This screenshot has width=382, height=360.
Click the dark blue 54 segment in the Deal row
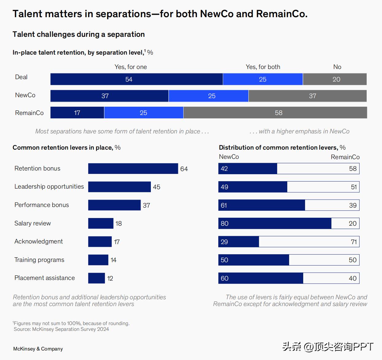coord(136,79)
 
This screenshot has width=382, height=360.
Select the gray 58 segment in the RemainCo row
coord(275,113)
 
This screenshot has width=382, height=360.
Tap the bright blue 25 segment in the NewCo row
coord(208,96)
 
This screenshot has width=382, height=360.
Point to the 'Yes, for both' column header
coord(263,67)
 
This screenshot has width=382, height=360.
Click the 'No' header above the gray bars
coord(337,67)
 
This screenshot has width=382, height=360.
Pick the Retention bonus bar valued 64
coord(133,168)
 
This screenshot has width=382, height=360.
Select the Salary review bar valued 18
coord(101,223)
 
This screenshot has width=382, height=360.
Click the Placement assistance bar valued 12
coord(96,278)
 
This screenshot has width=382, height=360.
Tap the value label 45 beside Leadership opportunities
coord(156,187)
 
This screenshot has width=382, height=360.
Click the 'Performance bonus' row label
coord(42,205)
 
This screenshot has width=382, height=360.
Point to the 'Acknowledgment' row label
coord(39,241)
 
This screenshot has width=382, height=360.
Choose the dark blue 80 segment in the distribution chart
coord(275,223)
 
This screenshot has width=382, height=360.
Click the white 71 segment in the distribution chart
coord(309,242)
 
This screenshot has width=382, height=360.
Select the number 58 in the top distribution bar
coord(353,169)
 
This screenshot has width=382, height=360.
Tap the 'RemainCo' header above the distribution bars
coord(345,157)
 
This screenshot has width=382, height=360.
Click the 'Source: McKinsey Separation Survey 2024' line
coord(61,329)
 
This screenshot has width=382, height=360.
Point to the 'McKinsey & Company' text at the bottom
coord(38,349)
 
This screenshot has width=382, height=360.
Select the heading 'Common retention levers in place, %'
coord(67,147)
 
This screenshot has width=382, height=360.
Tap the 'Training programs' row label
coord(39,260)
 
